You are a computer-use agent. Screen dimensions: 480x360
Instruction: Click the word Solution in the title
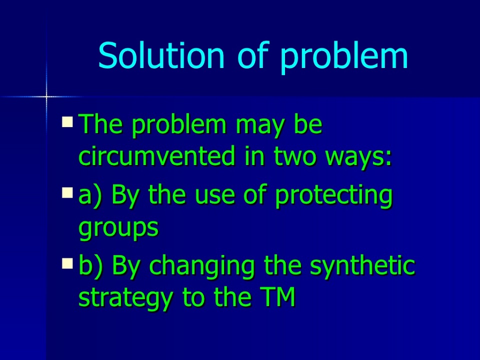pyautogui.click(x=161, y=55)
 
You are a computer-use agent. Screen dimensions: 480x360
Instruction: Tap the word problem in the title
pyautogui.click(x=344, y=58)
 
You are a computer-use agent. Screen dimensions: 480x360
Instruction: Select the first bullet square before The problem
pyautogui.click(x=67, y=121)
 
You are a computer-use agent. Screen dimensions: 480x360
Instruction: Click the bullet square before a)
pyautogui.click(x=67, y=192)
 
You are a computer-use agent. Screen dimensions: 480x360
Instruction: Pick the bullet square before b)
pyautogui.click(x=67, y=263)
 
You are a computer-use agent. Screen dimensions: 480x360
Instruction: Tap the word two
pyautogui.click(x=294, y=156)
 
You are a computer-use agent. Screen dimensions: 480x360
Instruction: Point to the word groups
pyautogui.click(x=118, y=228)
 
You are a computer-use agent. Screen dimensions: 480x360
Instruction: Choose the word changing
pyautogui.click(x=201, y=267)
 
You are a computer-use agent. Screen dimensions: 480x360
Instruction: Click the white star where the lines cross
pyautogui.click(x=46, y=96)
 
